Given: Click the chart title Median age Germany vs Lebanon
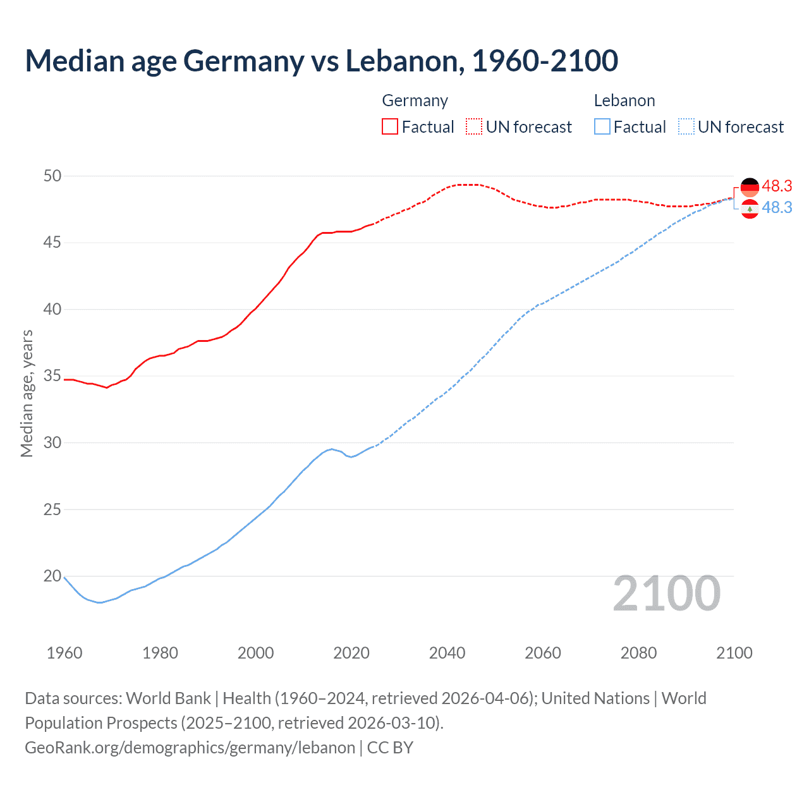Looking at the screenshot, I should pos(321,61).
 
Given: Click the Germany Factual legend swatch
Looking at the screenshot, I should pos(389,127).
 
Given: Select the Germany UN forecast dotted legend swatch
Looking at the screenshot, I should pos(474,127).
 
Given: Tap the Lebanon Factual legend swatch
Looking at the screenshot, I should pos(602,127).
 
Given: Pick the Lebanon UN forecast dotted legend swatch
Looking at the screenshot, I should pos(686,127).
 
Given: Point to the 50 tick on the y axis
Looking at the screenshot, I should pos(52,176).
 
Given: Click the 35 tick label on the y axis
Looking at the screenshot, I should pos(52,376).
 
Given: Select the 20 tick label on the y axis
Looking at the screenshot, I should pos(52,576).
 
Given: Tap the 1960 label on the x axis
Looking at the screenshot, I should pos(64,653).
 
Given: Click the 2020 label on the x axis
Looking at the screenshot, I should pos(351,653).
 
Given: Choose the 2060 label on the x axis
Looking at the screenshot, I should pos(543,653).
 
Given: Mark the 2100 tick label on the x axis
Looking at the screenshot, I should pos(734,653).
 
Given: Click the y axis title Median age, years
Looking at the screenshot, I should pos(27,393).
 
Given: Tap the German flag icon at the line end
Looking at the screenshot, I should pos(750,188).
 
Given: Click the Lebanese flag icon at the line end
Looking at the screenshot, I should pos(750,209).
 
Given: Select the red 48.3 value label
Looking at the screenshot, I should pos(777,186).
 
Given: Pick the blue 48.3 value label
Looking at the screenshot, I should pos(777,207).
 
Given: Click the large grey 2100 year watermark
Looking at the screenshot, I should pos(666,593).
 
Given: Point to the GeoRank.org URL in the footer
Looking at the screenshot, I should pos(190,747).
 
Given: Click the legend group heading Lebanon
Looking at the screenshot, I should pos(624,100).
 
